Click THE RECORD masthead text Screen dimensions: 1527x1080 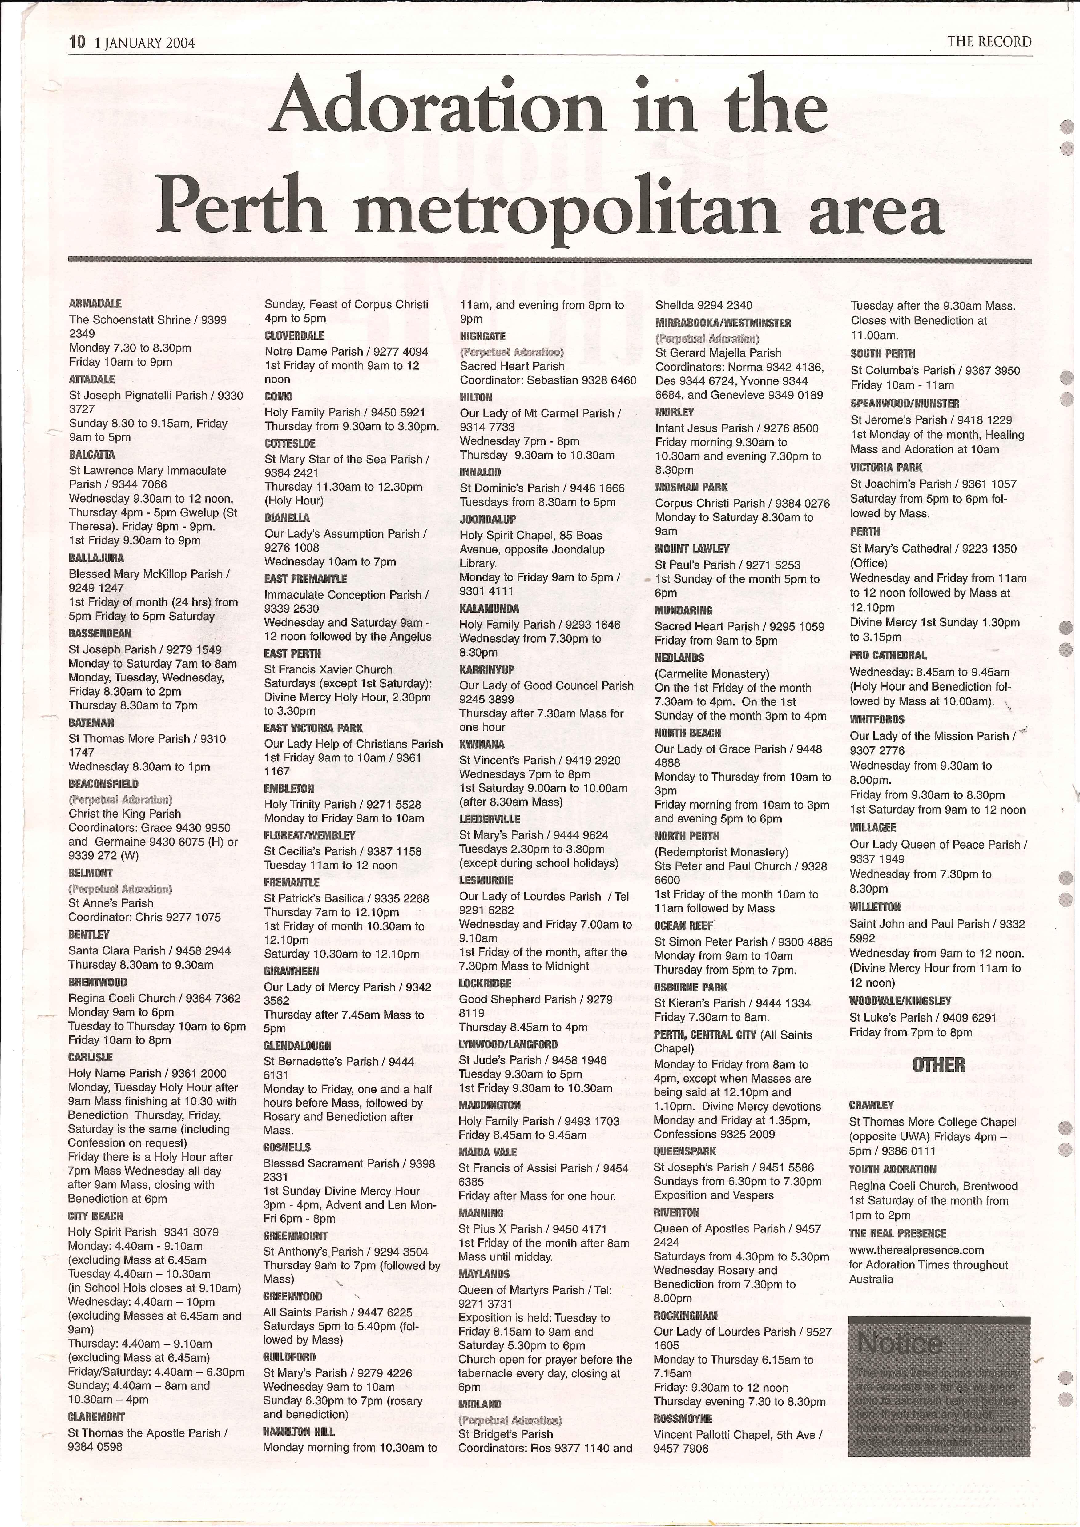[x=989, y=42]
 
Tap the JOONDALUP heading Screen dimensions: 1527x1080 [x=487, y=520]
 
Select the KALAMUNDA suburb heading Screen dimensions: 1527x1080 [x=490, y=609]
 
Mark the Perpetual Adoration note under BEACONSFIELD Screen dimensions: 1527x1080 [x=120, y=799]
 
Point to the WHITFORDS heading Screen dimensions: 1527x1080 [x=877, y=720]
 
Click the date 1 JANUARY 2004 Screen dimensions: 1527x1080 [x=145, y=43]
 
